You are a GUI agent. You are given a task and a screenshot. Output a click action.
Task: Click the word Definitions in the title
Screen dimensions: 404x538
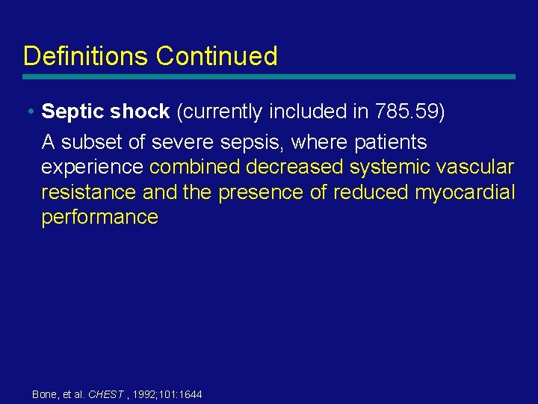click(x=86, y=56)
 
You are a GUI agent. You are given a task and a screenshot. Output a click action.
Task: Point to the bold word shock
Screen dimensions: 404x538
click(x=140, y=111)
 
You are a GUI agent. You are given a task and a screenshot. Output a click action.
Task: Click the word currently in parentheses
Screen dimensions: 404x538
click(x=223, y=112)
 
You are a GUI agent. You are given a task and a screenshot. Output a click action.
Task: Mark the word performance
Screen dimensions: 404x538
click(x=100, y=218)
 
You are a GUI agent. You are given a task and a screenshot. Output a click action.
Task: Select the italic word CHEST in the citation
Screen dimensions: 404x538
click(x=105, y=394)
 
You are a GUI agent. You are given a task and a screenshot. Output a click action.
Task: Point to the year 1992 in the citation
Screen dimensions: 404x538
click(x=146, y=394)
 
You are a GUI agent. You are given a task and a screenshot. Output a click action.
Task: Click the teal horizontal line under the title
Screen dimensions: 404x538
click(x=269, y=76)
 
